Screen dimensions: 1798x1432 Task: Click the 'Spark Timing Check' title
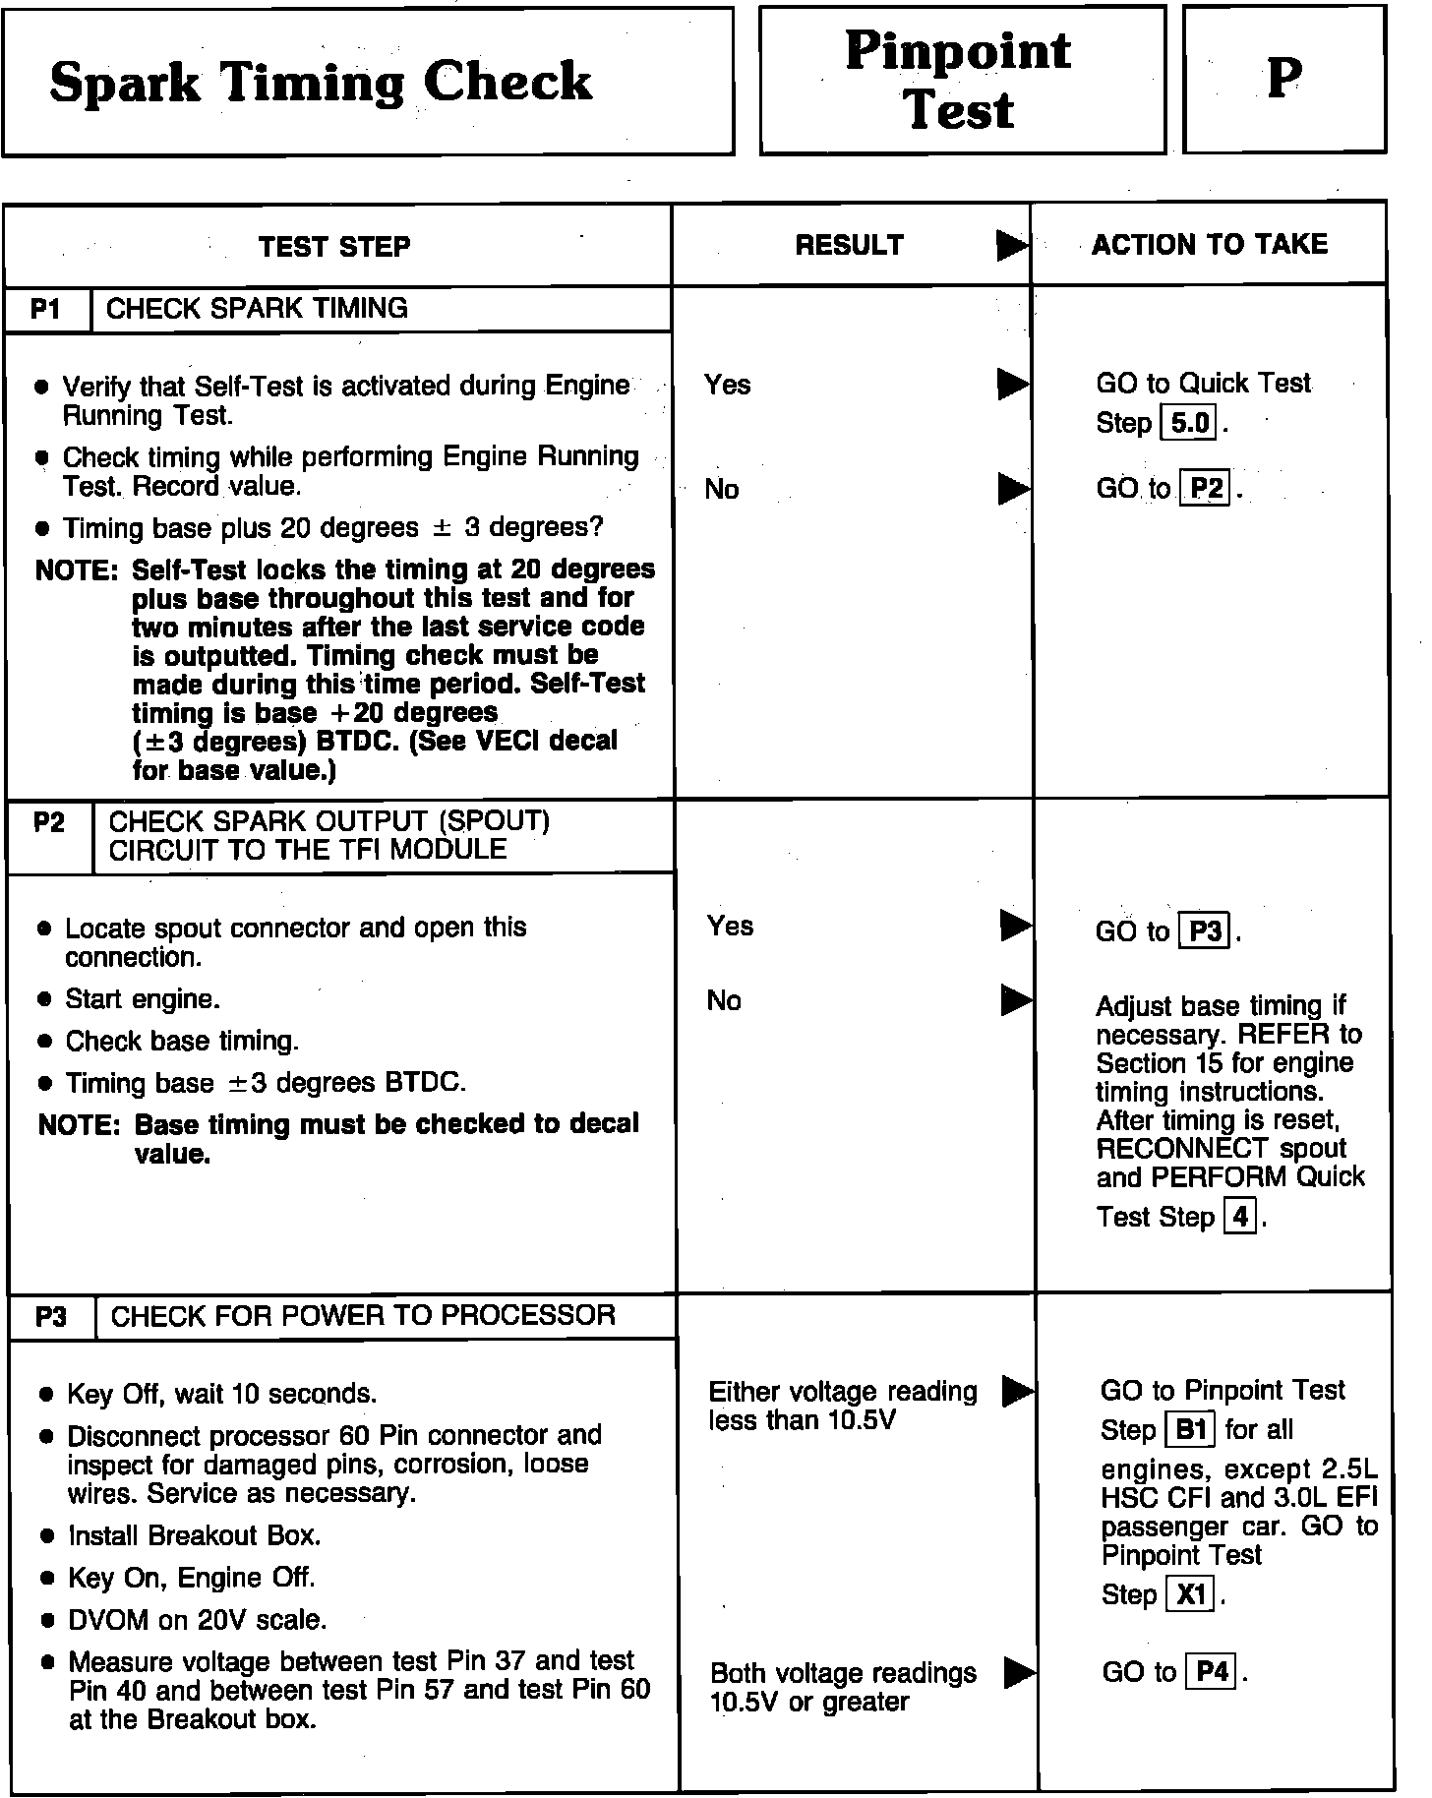click(x=321, y=83)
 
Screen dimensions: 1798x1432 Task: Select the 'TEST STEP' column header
click(x=334, y=246)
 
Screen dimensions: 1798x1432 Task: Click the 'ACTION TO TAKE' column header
click(x=1210, y=244)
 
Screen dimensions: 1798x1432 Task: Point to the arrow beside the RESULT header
click(x=1011, y=246)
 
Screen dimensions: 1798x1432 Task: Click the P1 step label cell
click(x=46, y=309)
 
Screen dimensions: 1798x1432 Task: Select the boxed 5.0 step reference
click(x=1190, y=424)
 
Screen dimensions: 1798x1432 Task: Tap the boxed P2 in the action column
click(x=1206, y=489)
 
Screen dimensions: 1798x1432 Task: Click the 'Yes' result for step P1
click(x=728, y=385)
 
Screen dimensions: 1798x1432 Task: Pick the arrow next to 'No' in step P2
click(x=1015, y=1000)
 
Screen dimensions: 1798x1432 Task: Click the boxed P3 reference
click(x=1206, y=931)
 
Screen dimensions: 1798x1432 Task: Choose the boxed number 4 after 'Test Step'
click(x=1240, y=1218)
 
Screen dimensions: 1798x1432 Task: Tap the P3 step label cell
click(x=51, y=1316)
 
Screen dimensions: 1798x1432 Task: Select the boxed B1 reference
click(x=1191, y=1429)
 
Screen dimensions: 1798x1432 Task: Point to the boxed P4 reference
click(x=1213, y=1672)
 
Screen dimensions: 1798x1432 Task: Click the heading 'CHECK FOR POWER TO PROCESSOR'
click(x=363, y=1316)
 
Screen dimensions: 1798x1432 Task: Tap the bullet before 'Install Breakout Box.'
click(x=46, y=1536)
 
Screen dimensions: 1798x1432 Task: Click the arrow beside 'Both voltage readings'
click(x=1019, y=1671)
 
